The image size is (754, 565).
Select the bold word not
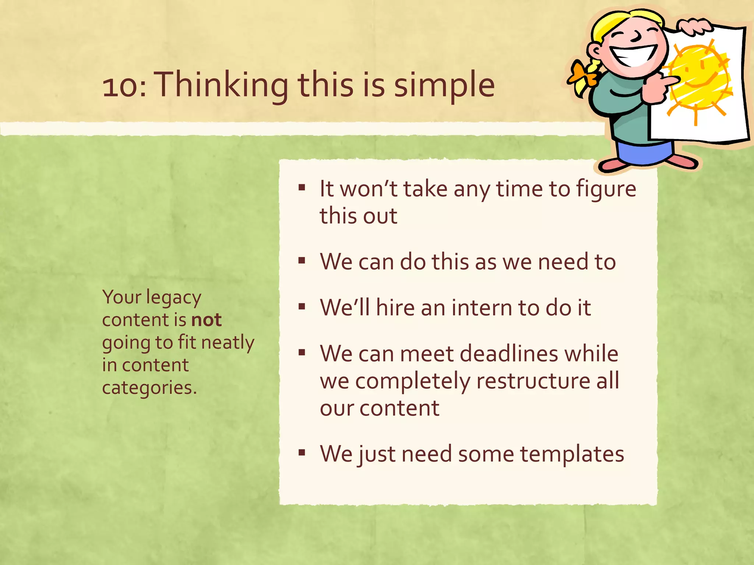(207, 320)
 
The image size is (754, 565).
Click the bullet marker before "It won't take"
(302, 188)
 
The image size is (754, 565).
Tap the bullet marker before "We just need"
(302, 452)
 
